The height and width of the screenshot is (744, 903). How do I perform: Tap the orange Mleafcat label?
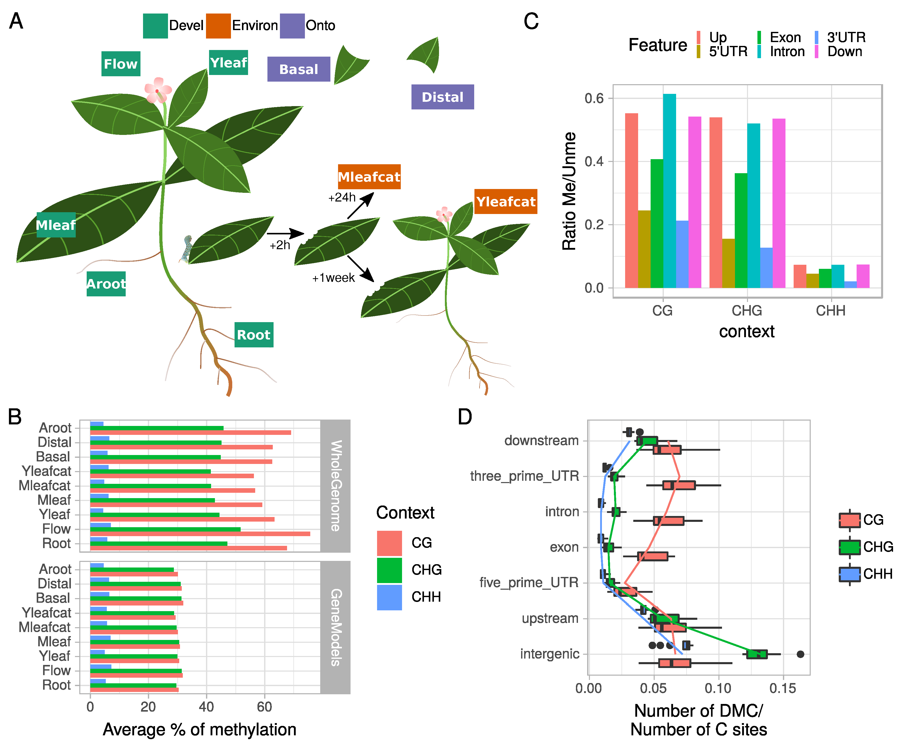point(369,176)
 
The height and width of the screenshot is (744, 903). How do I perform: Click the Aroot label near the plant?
point(106,284)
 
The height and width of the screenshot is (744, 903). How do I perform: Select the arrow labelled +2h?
point(285,234)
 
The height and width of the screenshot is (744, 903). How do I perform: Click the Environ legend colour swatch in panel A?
point(218,26)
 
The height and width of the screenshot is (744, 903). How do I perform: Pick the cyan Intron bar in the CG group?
point(669,191)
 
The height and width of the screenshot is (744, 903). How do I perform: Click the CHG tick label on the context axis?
point(747,311)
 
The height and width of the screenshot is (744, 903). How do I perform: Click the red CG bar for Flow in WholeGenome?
point(200,534)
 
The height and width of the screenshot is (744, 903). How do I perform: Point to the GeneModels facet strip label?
point(336,627)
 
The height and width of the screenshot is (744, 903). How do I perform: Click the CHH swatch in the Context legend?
point(389,597)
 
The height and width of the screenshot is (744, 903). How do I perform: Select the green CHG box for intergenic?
point(756,654)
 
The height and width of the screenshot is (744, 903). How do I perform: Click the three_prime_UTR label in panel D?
point(524,476)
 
